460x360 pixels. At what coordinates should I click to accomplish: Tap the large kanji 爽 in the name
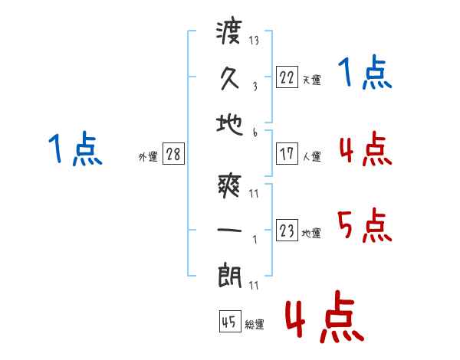[230, 185]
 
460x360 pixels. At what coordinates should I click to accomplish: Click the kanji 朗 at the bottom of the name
[230, 274]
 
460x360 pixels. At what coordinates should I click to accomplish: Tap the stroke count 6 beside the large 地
[254, 133]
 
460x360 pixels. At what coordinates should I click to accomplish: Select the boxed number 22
[287, 77]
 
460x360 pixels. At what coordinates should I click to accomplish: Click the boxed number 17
[287, 153]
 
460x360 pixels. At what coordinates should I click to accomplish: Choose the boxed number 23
[287, 230]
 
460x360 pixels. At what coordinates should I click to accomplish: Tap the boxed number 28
[173, 153]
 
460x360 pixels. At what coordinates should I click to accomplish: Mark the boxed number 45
[228, 322]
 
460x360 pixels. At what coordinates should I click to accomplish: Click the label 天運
[311, 80]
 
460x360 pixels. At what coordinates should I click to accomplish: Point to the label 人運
[311, 156]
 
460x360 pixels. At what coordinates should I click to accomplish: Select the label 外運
[147, 156]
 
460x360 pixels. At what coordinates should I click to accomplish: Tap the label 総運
[254, 325]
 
